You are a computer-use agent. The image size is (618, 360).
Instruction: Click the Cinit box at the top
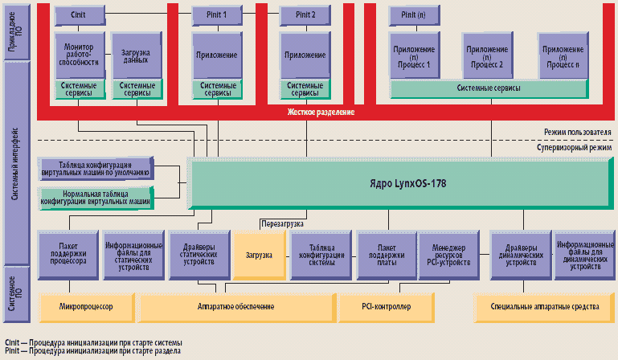coord(79,14)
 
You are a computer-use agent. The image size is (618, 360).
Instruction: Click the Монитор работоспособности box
coord(79,54)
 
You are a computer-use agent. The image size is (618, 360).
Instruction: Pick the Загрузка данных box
coord(135,54)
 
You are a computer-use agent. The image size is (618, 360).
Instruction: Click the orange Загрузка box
coord(260,254)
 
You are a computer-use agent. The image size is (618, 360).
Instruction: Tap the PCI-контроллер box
coord(386,307)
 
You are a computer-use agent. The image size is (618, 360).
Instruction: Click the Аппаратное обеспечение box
coord(235,307)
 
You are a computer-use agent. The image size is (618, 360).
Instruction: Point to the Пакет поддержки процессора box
coord(67,254)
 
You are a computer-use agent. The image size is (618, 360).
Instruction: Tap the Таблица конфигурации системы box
coord(320,254)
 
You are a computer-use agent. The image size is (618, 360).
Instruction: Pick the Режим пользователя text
coord(577,132)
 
